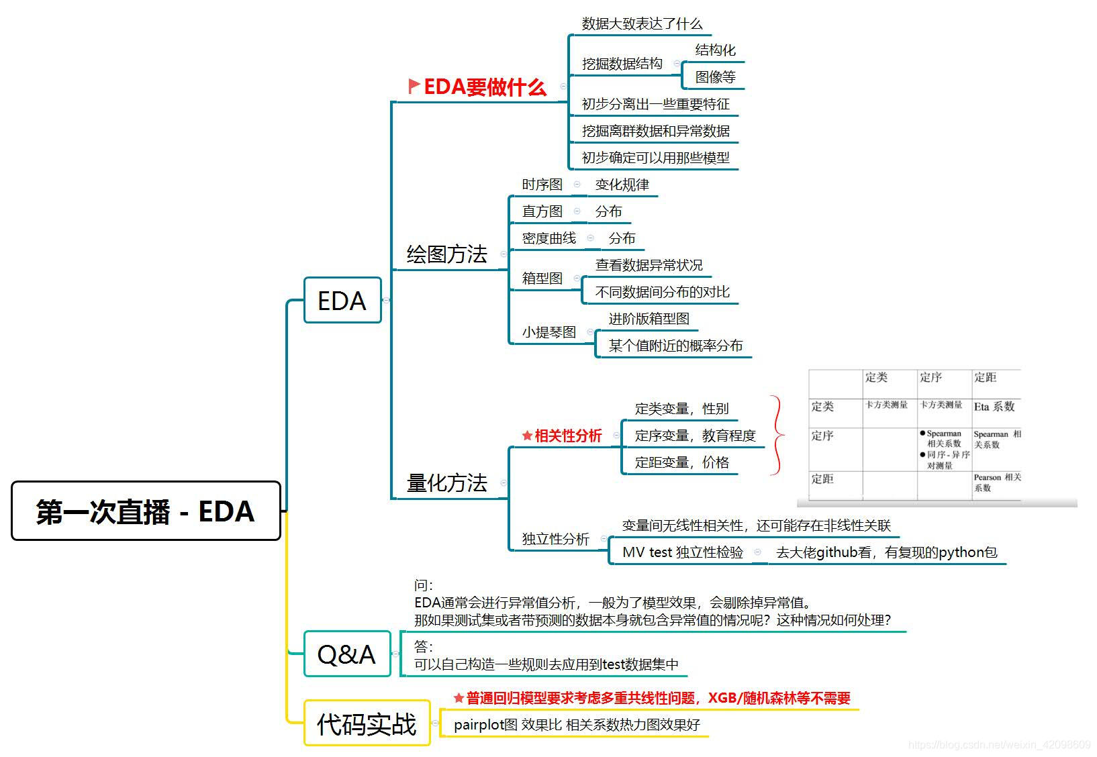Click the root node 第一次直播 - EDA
[x=146, y=511]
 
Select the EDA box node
[x=342, y=301]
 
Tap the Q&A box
[x=346, y=654]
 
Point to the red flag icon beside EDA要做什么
[x=414, y=86]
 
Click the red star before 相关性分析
[x=527, y=436]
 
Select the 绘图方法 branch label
[x=446, y=254]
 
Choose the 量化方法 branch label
[x=446, y=483]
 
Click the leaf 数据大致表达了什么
[x=642, y=24]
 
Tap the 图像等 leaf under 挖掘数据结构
[x=715, y=77]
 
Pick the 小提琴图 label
[x=549, y=332]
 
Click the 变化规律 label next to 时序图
[x=622, y=185]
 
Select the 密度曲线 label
[x=549, y=238]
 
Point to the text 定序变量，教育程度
[x=695, y=436]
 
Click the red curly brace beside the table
[x=777, y=436]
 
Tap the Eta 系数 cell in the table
[x=994, y=407]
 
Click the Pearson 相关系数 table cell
[x=997, y=483]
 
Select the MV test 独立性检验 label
[x=683, y=552]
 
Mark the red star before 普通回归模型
[x=459, y=699]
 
